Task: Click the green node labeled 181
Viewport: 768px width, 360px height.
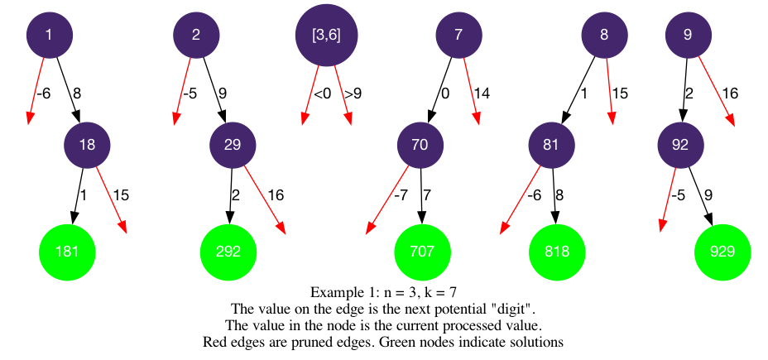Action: click(67, 251)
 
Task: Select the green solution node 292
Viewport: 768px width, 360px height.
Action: click(228, 251)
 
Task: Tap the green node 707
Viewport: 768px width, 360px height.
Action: click(423, 251)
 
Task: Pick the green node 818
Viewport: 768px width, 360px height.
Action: click(557, 251)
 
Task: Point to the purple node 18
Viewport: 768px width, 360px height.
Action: click(88, 145)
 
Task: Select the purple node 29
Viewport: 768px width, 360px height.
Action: click(233, 145)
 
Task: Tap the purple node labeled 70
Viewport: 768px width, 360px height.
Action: click(420, 145)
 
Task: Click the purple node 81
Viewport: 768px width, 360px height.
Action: click(552, 145)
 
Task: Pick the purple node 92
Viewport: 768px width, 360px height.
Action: click(680, 145)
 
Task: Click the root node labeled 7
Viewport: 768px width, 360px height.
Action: click(458, 34)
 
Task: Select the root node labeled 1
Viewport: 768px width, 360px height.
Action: click(50, 34)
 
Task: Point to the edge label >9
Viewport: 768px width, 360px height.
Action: click(353, 94)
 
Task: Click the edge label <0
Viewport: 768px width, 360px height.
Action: click(322, 94)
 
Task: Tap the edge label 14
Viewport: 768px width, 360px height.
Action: click(482, 94)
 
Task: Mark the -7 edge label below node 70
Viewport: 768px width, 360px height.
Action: click(401, 195)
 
